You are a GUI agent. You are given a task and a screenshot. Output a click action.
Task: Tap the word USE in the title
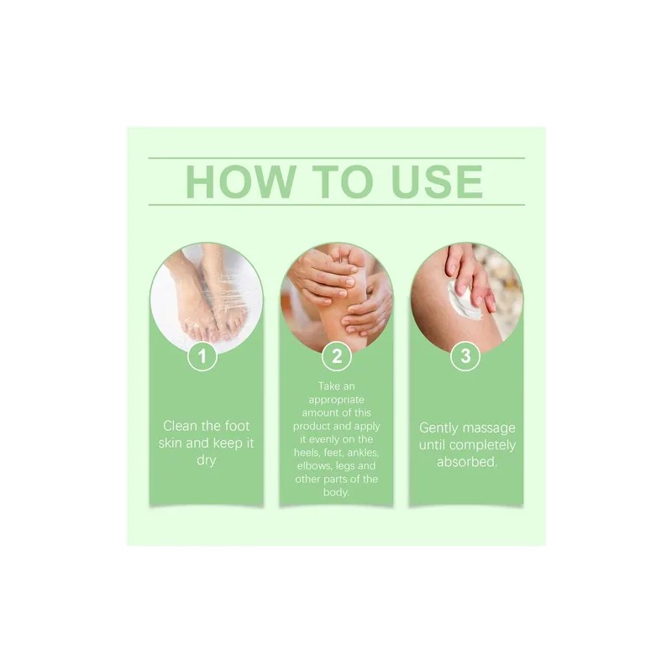point(432,181)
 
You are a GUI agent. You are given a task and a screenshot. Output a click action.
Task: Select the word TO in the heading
point(336,181)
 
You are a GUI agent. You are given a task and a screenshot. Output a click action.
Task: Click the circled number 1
point(202,356)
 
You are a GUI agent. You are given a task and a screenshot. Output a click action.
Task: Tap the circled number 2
point(336,356)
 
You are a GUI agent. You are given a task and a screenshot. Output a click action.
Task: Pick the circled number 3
point(465,356)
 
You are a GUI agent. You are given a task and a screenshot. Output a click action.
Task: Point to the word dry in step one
point(206,461)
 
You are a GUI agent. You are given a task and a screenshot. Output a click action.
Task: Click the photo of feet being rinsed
point(206,294)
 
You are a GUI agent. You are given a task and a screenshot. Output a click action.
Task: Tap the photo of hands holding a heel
point(336,290)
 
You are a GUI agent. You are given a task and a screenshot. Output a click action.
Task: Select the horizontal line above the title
point(336,157)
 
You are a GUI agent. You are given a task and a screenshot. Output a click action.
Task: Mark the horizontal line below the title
point(336,204)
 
